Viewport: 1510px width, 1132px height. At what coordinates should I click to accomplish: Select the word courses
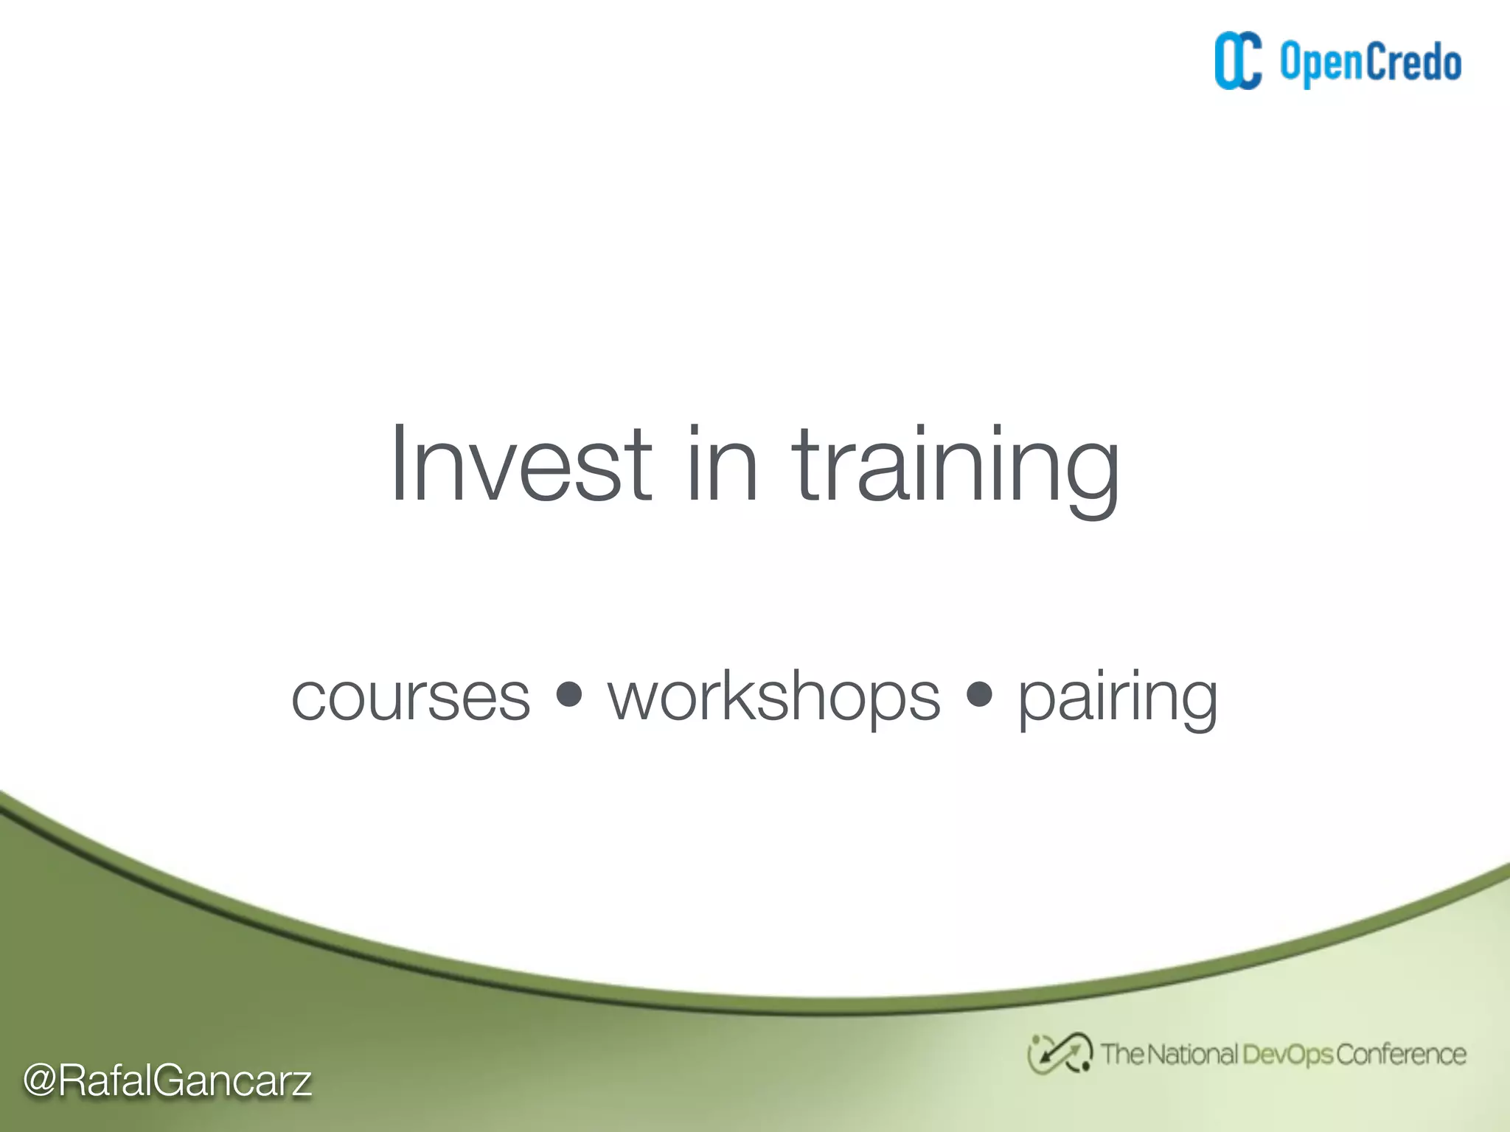[x=411, y=697]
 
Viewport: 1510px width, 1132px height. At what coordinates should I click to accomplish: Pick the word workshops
[x=774, y=697]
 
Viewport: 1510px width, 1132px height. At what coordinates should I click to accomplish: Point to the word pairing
[x=1117, y=697]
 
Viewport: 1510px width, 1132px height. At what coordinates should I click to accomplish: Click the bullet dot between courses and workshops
[x=568, y=694]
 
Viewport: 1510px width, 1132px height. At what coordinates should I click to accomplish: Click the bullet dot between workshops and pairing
[x=979, y=694]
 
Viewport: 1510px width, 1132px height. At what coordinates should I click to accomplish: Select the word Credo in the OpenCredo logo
[x=1414, y=62]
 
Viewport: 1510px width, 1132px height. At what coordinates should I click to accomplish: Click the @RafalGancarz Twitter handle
[x=168, y=1081]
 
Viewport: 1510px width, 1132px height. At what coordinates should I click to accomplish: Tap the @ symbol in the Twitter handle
[x=40, y=1081]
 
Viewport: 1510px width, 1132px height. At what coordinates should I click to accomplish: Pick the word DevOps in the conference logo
[x=1287, y=1055]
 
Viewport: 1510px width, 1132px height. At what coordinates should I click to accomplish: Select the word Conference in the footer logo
[x=1401, y=1055]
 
